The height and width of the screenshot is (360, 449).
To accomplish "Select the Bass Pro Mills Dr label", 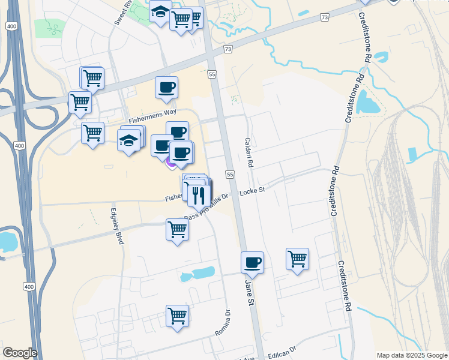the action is coord(208,206).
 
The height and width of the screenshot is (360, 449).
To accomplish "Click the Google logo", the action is coord(20,353).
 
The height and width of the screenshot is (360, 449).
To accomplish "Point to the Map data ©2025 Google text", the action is coord(412,355).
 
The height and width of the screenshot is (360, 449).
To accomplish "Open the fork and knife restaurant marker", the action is coord(199,194).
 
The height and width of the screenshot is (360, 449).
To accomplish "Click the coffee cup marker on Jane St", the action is coord(252,262).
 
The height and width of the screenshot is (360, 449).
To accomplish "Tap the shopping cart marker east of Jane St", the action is coord(297,259).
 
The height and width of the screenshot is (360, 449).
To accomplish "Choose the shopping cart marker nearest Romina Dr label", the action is coord(177,315).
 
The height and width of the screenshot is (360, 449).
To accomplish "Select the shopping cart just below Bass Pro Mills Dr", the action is coord(177,229).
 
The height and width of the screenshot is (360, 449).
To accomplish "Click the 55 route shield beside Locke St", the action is coord(229,174).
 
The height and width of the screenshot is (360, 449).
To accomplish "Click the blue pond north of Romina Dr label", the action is coord(200,274).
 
